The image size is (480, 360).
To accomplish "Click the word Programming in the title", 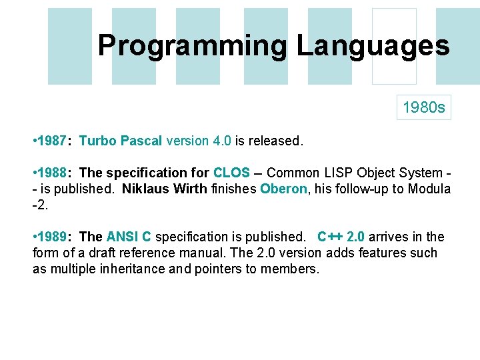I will click(193, 46).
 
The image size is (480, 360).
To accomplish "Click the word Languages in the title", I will click(373, 46).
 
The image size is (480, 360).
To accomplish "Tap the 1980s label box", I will click(424, 107).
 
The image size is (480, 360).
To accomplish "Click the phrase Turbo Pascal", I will click(121, 141).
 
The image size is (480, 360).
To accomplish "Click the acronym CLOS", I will click(231, 173).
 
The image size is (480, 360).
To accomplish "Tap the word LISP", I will click(330, 173).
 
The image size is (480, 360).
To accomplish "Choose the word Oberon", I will click(284, 189).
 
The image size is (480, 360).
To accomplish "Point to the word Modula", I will click(427, 189).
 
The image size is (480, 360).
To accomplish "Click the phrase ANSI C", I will click(129, 237).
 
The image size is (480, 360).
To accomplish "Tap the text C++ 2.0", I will click(341, 237).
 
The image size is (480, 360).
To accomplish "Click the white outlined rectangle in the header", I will click(393, 46).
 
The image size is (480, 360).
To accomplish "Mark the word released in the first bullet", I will click(274, 141).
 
